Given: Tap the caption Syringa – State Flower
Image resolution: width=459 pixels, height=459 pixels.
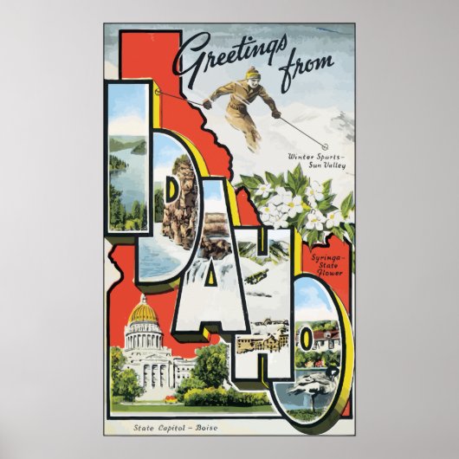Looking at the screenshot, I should pos(326,263).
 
